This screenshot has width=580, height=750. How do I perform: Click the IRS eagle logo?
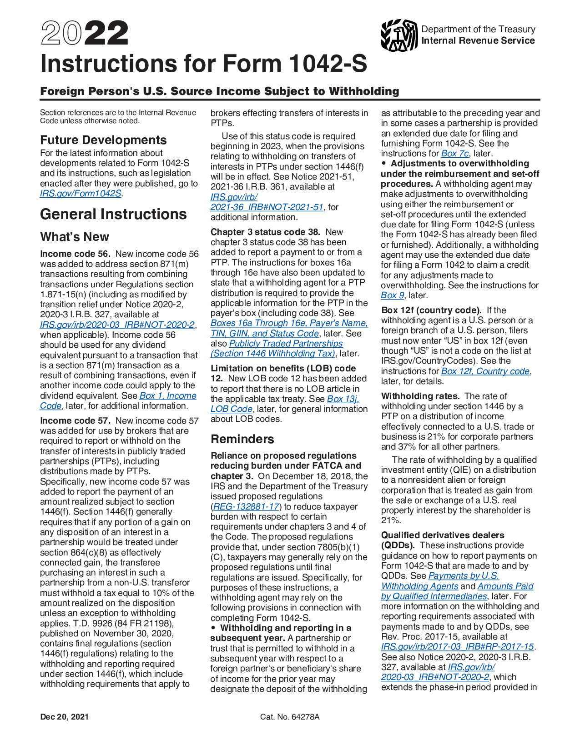[x=398, y=35]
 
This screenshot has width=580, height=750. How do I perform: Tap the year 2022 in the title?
[x=85, y=34]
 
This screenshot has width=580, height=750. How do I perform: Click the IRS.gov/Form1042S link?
[x=81, y=193]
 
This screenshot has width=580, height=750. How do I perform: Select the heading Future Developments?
[x=103, y=140]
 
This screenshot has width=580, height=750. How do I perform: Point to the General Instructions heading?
[x=113, y=214]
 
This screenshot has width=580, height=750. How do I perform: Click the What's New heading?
[x=75, y=237]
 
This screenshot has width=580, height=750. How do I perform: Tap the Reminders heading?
[x=242, y=439]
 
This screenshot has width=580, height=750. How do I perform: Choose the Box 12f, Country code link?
[x=485, y=371]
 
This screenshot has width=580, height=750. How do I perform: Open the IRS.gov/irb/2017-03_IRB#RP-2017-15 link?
[x=457, y=647]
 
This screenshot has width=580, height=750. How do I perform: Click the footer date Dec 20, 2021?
[x=64, y=717]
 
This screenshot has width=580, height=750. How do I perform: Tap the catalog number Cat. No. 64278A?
[x=290, y=717]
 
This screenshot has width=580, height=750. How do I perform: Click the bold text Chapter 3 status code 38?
[x=265, y=232]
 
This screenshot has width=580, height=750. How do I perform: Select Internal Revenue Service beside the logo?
[x=478, y=40]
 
